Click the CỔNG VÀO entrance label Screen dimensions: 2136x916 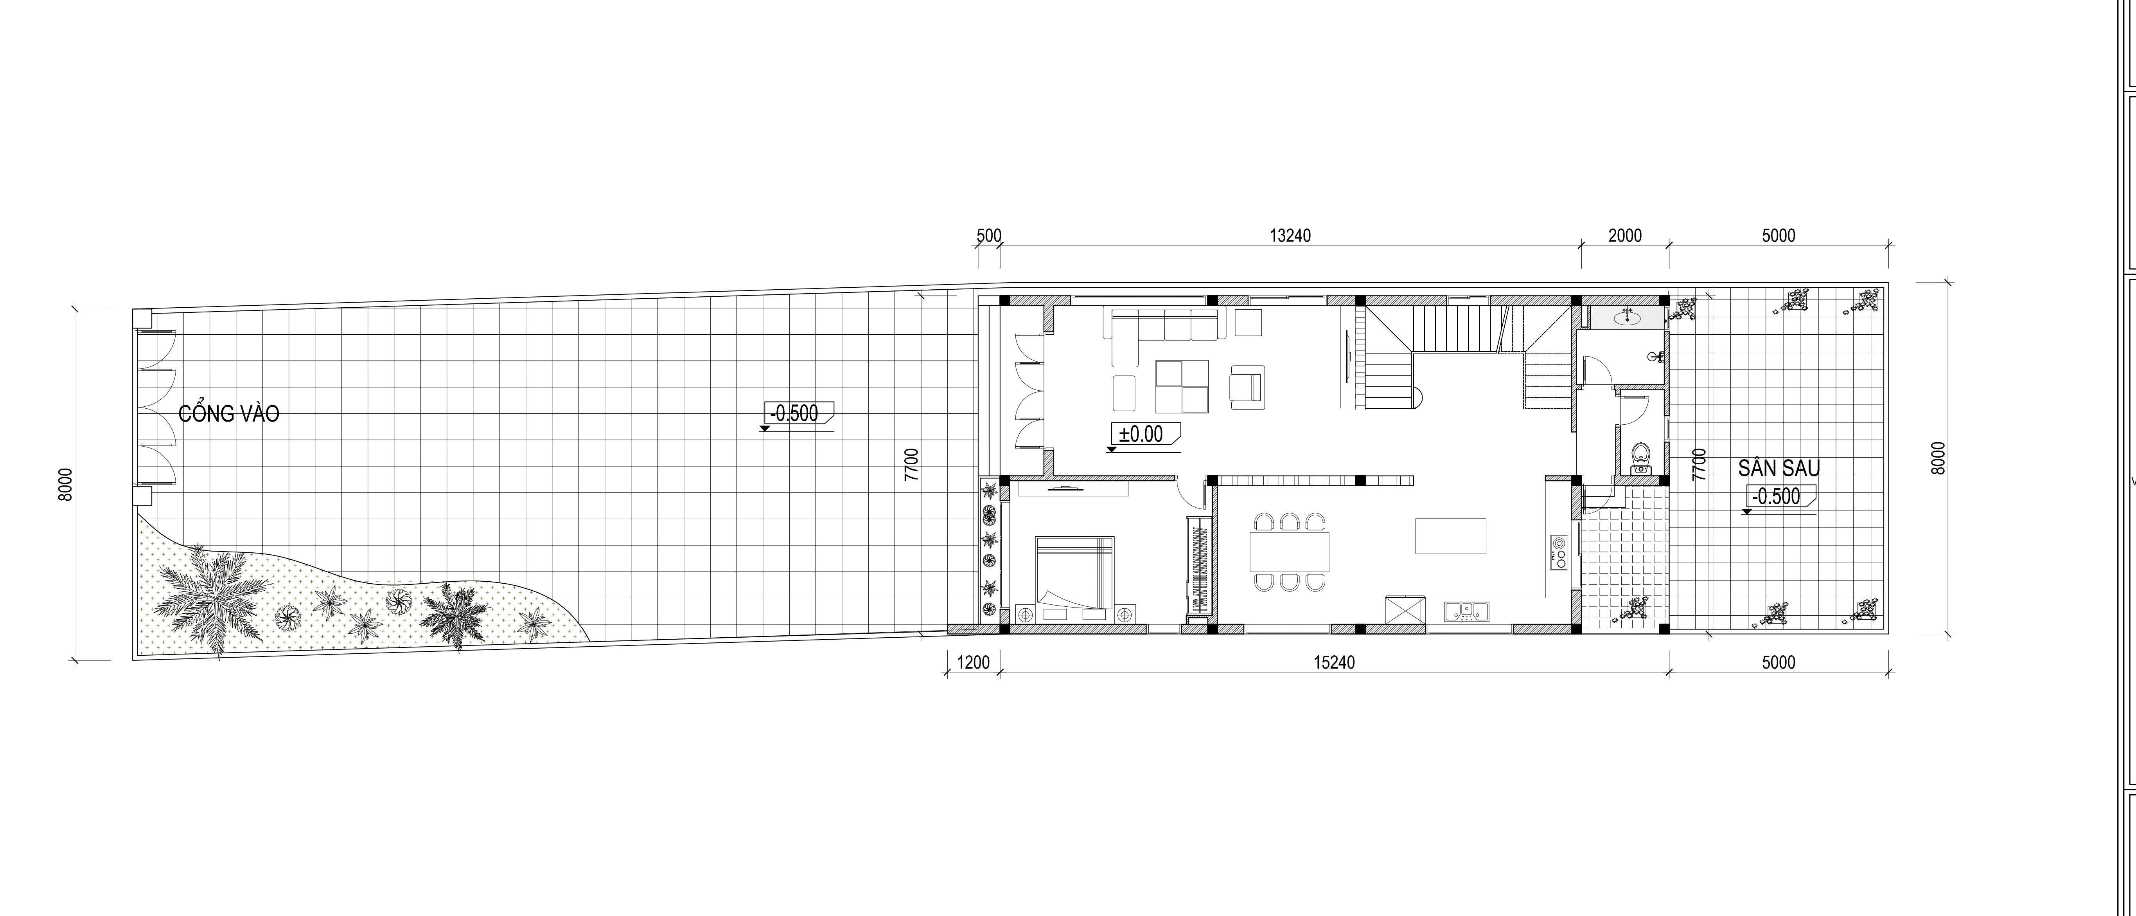tap(229, 413)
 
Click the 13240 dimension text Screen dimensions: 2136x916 tap(1290, 236)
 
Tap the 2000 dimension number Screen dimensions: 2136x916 tap(1625, 236)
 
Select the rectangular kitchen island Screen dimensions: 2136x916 tap(1450, 536)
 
